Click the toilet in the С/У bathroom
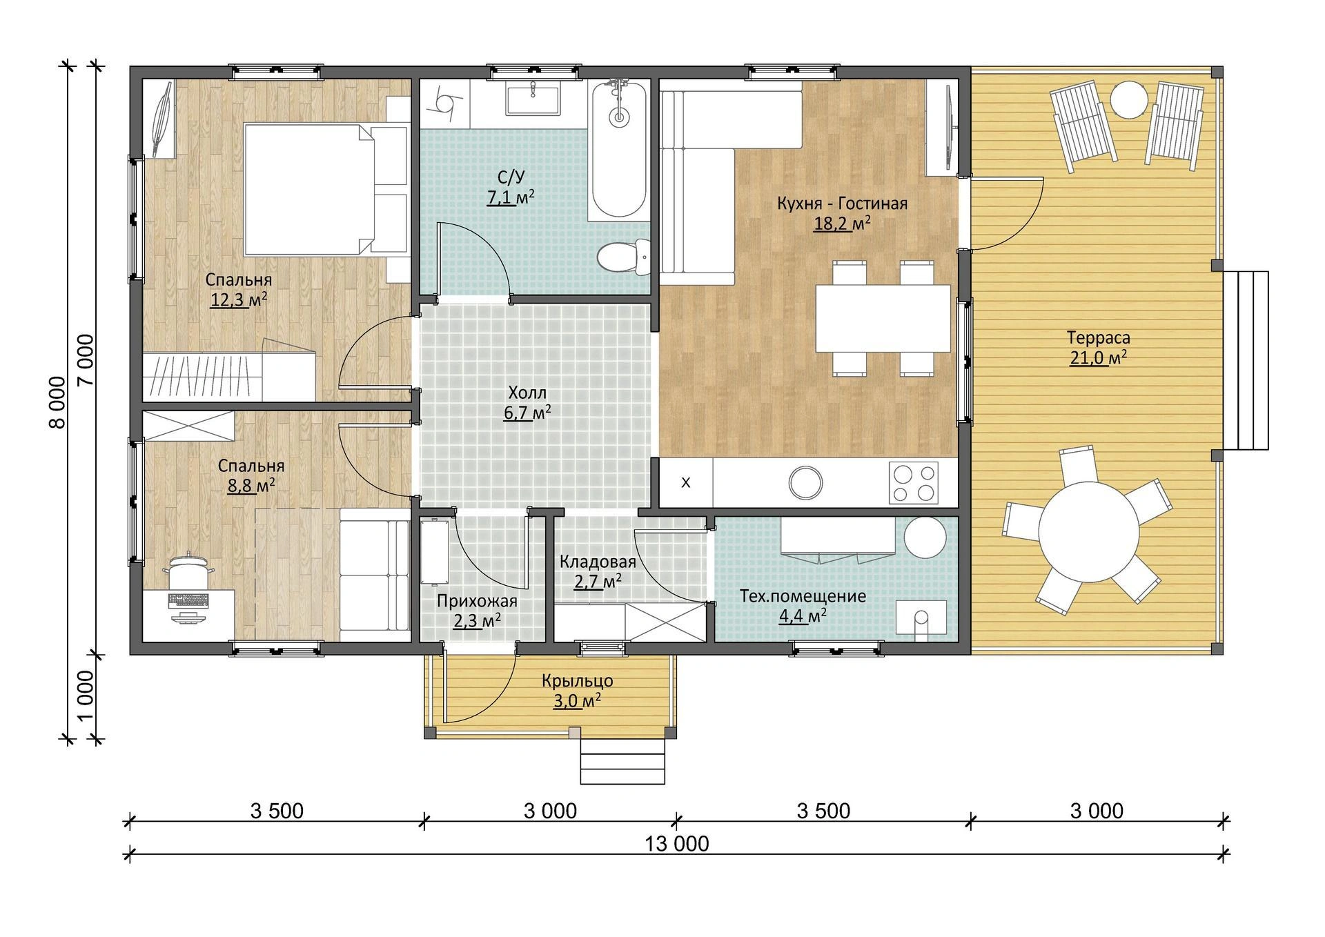pos(623,256)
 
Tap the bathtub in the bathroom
pos(619,149)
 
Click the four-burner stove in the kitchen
pos(913,482)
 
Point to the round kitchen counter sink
pos(805,482)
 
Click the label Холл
pos(527,393)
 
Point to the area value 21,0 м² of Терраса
pos(1099,357)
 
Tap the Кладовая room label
pos(598,561)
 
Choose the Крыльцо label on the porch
pos(578,681)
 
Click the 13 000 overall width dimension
pos(677,843)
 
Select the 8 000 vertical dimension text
pos(58,402)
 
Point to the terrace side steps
pos(1246,361)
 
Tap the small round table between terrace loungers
pos(1129,100)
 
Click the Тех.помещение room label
pos(803,596)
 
